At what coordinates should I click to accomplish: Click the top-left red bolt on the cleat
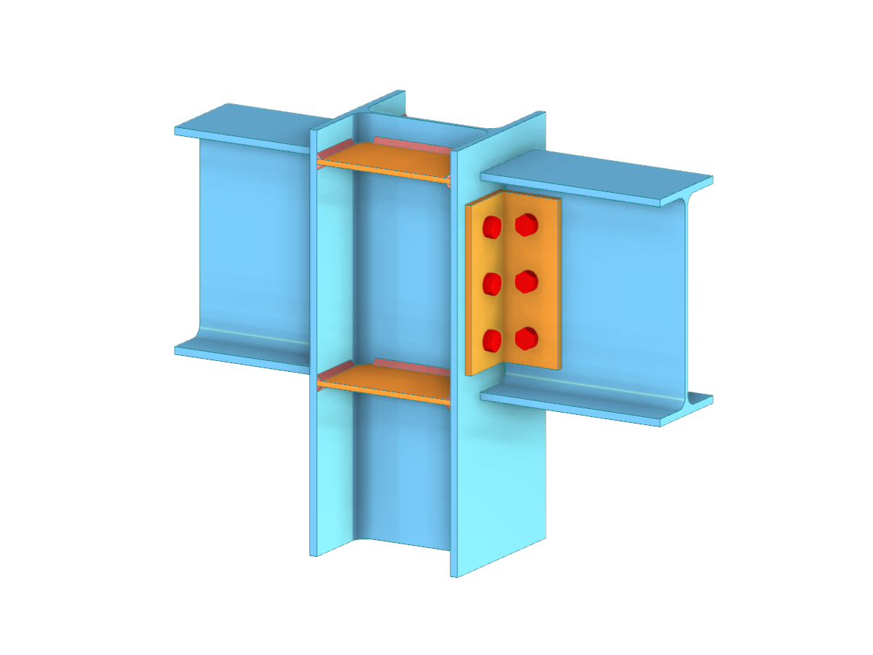tap(493, 227)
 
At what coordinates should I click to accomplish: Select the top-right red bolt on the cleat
tap(526, 225)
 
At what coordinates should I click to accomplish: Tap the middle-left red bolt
tap(493, 284)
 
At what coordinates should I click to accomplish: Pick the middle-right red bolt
tap(526, 281)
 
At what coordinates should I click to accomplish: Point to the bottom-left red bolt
tap(493, 340)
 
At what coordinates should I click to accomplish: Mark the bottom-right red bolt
tap(526, 338)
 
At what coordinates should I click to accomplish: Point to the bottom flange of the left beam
tap(240, 354)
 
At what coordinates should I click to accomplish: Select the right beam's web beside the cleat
tap(618, 291)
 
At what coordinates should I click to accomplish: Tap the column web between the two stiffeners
tap(400, 277)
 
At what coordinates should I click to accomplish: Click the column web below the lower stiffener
tap(400, 473)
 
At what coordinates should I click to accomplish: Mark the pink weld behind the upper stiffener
tap(407, 142)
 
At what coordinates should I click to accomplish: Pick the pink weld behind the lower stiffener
tap(407, 363)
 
